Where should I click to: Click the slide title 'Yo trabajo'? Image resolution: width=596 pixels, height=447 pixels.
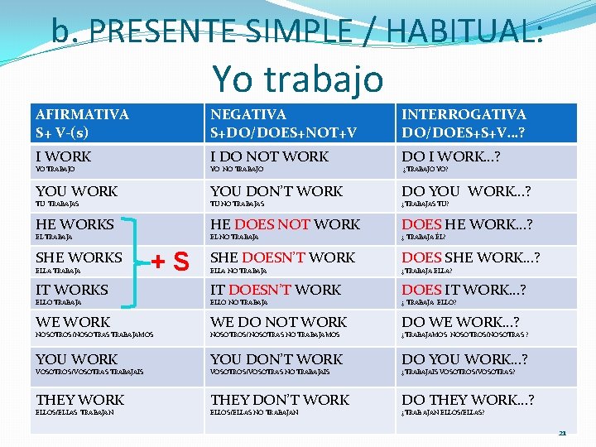[298, 79]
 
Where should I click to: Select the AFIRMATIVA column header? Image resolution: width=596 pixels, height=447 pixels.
[82, 123]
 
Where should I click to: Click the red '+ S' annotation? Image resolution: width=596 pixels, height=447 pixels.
[171, 263]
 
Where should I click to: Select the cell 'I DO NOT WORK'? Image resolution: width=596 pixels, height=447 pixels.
[269, 156]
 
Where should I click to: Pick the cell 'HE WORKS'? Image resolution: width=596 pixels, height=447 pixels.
[74, 224]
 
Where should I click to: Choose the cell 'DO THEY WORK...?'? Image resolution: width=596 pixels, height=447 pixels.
[468, 400]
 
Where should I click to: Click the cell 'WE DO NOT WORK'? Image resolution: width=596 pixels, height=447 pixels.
[278, 322]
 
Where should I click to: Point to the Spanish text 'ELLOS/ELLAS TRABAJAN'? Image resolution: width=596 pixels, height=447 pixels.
[74, 411]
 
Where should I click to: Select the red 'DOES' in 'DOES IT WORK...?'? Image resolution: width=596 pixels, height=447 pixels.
[421, 290]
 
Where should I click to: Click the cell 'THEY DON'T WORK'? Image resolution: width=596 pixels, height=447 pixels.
[280, 400]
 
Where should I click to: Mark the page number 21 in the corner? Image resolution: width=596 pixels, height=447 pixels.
[562, 432]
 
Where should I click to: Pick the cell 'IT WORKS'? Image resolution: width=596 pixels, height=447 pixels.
[71, 290]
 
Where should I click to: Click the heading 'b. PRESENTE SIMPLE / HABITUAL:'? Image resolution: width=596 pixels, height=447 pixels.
[298, 31]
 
